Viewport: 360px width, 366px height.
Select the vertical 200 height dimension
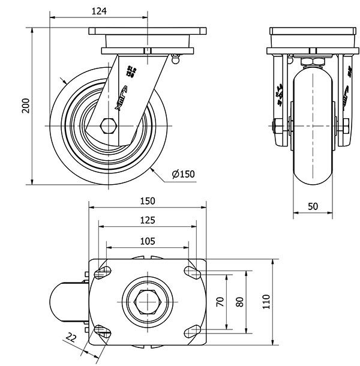[x=25, y=106]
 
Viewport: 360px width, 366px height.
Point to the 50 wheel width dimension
[x=313, y=206]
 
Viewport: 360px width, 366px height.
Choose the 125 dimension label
[x=148, y=221]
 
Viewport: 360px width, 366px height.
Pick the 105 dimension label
[x=148, y=241]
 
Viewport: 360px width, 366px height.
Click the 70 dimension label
[x=220, y=302]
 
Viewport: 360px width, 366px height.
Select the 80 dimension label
[x=240, y=302]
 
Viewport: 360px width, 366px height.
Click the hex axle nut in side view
[x=109, y=126]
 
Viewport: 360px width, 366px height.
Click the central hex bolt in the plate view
[x=148, y=302]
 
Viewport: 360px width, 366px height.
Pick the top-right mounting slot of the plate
[x=193, y=272]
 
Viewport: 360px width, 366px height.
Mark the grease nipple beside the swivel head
[x=175, y=59]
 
